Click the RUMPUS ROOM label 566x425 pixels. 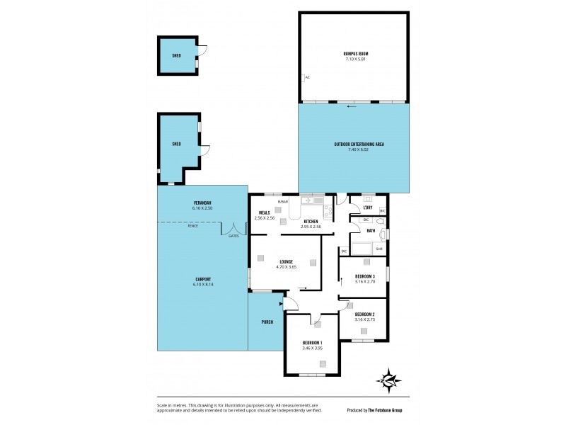tap(354, 54)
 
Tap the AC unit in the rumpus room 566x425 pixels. tap(307, 77)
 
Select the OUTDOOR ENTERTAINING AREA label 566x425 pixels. tap(354, 144)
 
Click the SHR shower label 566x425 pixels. tap(379, 249)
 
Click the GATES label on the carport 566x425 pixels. tap(233, 236)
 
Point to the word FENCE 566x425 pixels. tap(192, 226)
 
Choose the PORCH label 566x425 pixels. tap(267, 322)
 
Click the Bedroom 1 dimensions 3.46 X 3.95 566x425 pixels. tap(312, 348)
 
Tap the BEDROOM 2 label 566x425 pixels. tap(364, 314)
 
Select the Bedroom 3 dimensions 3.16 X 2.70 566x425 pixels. tap(364, 282)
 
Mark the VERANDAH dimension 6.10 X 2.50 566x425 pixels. tap(202, 208)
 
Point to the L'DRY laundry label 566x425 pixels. tap(368, 207)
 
